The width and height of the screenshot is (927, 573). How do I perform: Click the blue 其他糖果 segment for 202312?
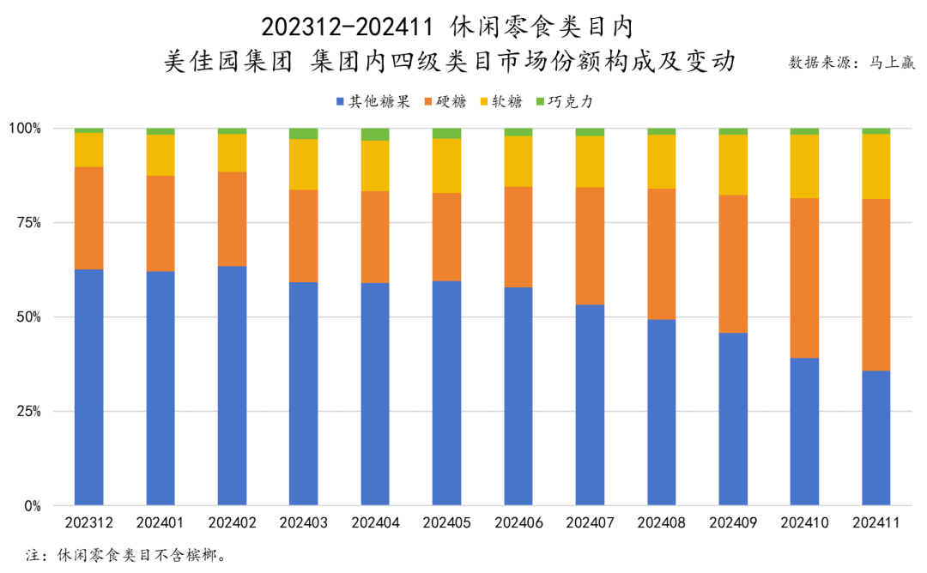click(89, 387)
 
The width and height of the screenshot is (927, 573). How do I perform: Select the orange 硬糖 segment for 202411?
click(875, 284)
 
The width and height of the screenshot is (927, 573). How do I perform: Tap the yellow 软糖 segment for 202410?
click(804, 166)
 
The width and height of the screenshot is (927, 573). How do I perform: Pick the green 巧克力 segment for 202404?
click(375, 135)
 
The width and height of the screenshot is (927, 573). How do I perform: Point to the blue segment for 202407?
click(590, 404)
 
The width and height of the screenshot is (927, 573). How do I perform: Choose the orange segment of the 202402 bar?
click(232, 219)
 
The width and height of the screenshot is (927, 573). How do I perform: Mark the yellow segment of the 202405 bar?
click(446, 166)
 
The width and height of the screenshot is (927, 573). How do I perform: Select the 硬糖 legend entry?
click(444, 101)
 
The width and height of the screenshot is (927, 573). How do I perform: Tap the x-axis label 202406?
click(518, 522)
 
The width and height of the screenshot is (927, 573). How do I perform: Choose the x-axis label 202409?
click(732, 522)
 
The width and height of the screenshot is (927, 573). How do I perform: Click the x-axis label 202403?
click(303, 522)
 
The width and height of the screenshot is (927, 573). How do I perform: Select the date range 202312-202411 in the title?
click(346, 27)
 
